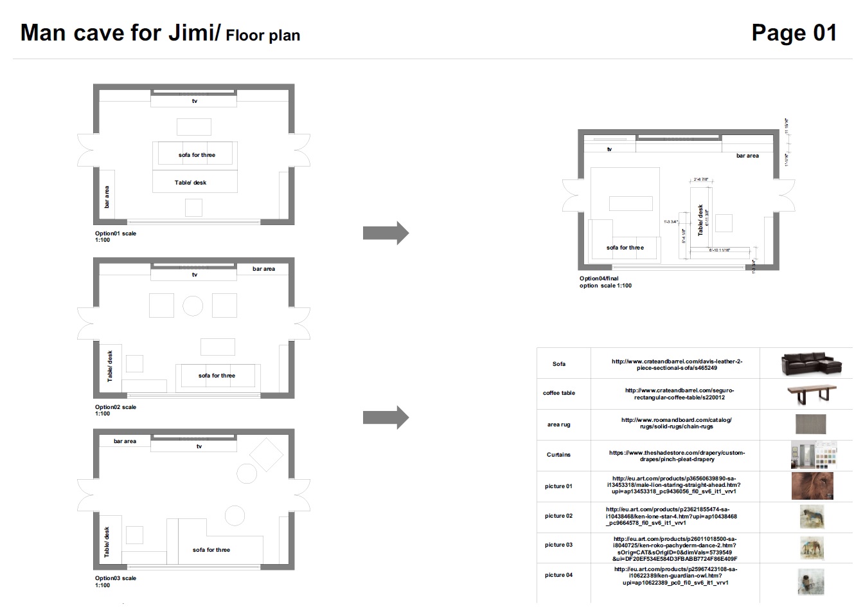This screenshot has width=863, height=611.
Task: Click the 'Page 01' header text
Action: pyautogui.click(x=794, y=33)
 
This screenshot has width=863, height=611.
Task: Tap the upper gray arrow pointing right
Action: pyautogui.click(x=386, y=233)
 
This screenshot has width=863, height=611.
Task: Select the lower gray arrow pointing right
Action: pyautogui.click(x=386, y=417)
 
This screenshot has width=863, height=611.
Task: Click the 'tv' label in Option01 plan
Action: pyautogui.click(x=195, y=101)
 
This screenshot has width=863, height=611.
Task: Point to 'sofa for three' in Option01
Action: pyautogui.click(x=197, y=155)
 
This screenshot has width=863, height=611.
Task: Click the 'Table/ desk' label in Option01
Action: pyautogui.click(x=190, y=183)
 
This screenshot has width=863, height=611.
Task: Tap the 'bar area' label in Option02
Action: pyautogui.click(x=263, y=269)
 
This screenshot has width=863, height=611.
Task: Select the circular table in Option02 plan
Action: pyautogui.click(x=193, y=305)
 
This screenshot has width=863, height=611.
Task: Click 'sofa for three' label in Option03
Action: pyautogui.click(x=211, y=550)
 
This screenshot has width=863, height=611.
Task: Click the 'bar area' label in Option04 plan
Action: pyautogui.click(x=747, y=156)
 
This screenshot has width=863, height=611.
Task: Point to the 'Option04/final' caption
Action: pyautogui.click(x=599, y=278)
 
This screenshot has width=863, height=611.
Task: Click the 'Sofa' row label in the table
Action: pyautogui.click(x=559, y=364)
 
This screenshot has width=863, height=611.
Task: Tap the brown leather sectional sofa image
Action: pyautogui.click(x=812, y=364)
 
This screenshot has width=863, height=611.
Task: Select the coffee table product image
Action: pyautogui.click(x=812, y=394)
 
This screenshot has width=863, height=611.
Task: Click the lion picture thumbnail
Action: pyautogui.click(x=812, y=486)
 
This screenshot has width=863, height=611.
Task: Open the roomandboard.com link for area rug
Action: pyautogui.click(x=676, y=423)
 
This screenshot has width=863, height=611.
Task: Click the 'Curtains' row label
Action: pyautogui.click(x=558, y=455)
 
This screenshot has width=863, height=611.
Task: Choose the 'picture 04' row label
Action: pyautogui.click(x=558, y=575)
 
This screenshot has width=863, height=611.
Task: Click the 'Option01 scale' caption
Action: pyautogui.click(x=116, y=233)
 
